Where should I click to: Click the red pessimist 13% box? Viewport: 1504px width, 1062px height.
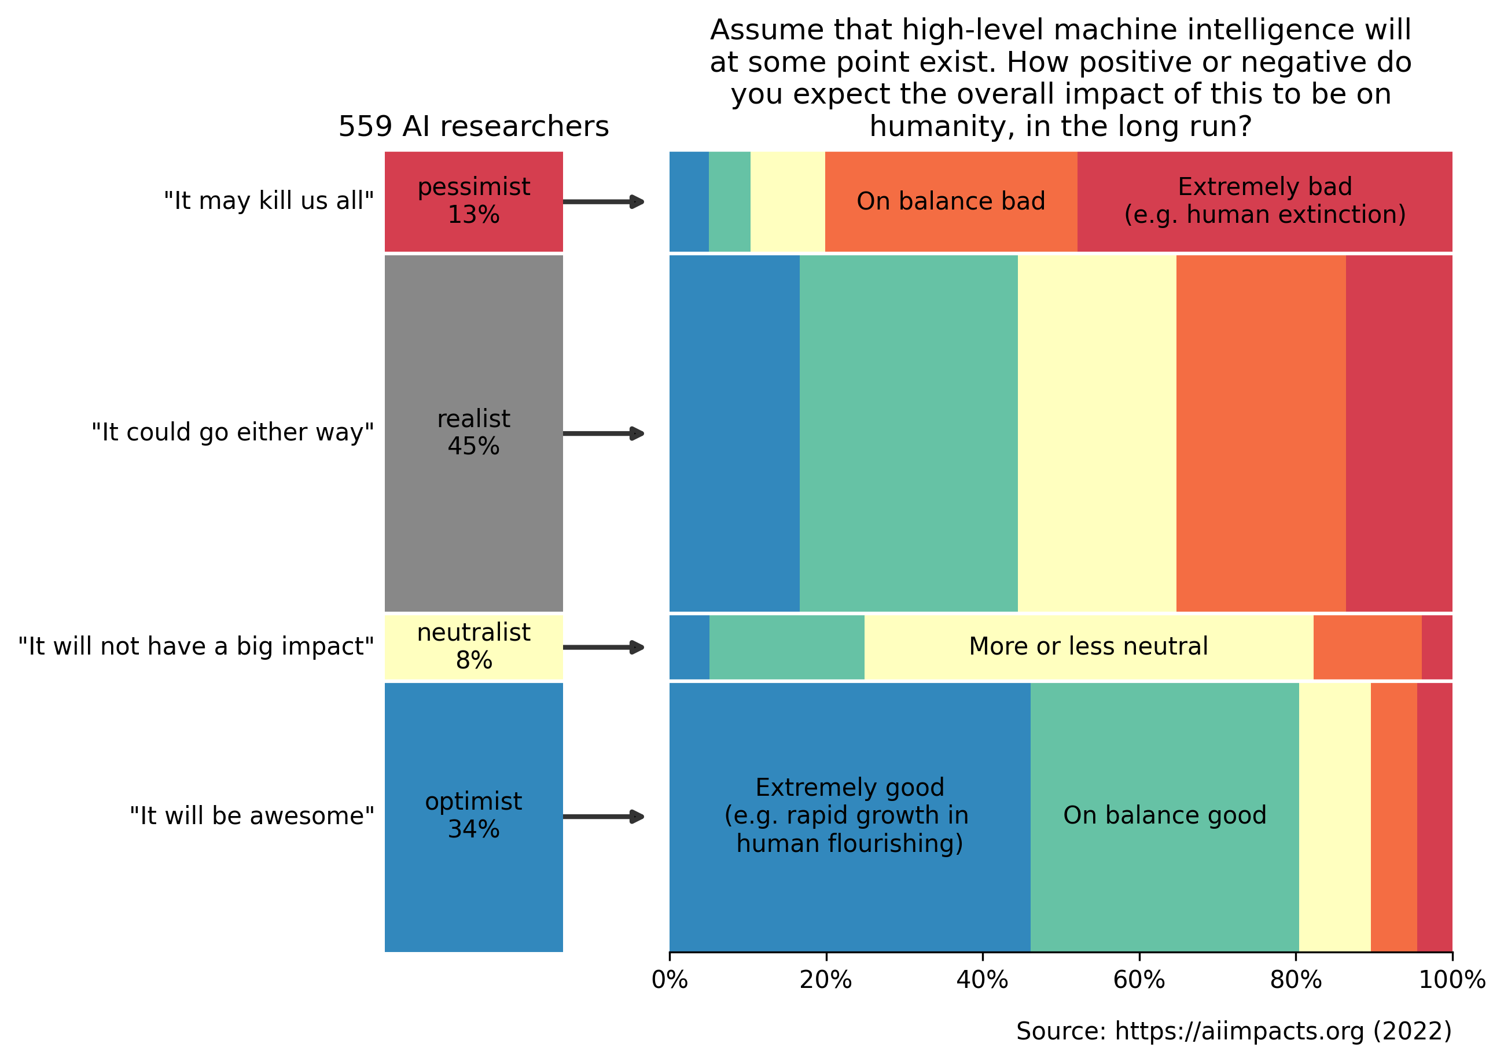click(x=473, y=201)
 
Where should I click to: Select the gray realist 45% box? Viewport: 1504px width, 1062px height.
click(x=473, y=432)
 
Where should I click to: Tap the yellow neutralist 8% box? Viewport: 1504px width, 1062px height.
click(x=473, y=646)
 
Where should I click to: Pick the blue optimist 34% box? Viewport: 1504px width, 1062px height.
click(x=473, y=815)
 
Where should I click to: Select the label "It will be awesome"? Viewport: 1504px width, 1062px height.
click(x=252, y=815)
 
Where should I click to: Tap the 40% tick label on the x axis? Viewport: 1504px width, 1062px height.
click(x=982, y=979)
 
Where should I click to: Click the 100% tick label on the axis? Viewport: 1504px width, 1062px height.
click(x=1451, y=979)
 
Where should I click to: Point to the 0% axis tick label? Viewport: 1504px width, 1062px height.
click(x=670, y=979)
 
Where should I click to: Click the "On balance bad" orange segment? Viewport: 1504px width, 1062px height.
click(x=950, y=201)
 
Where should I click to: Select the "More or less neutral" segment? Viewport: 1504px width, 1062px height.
click(x=1088, y=646)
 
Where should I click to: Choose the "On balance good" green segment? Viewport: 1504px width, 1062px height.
click(x=1164, y=815)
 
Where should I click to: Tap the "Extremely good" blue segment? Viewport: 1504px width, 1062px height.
click(x=850, y=815)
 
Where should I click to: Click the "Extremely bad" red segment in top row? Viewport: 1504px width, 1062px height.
click(x=1264, y=201)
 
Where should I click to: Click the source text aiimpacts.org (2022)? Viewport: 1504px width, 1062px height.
click(x=1233, y=1031)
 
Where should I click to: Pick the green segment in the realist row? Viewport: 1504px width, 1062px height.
click(x=909, y=432)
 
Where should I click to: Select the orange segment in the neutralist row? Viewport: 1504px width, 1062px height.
click(x=1367, y=646)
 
